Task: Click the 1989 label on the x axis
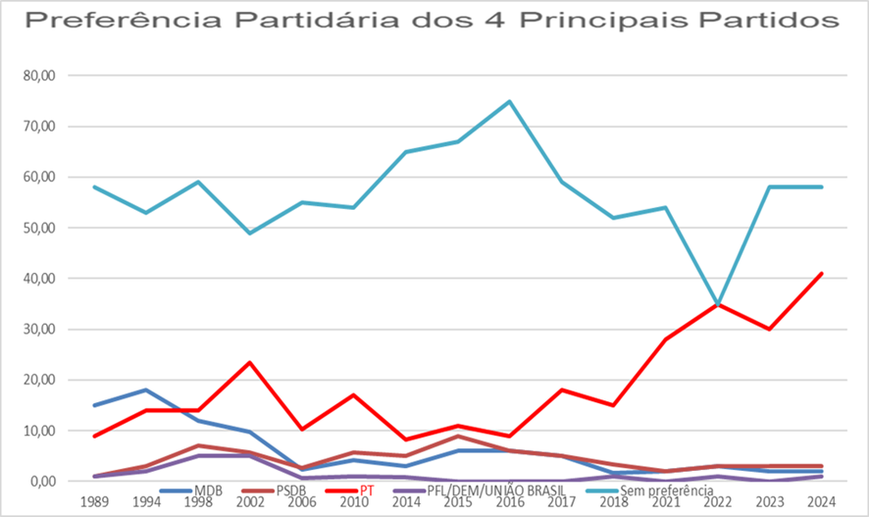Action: [94, 500]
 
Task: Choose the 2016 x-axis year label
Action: [510, 500]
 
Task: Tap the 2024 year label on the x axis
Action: [822, 500]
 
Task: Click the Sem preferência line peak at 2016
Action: [510, 101]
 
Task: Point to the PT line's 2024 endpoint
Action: [822, 274]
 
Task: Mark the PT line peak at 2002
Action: [250, 363]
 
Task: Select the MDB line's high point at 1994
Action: [146, 390]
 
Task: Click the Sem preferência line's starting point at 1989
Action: [94, 186]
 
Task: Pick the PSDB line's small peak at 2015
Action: [458, 436]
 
